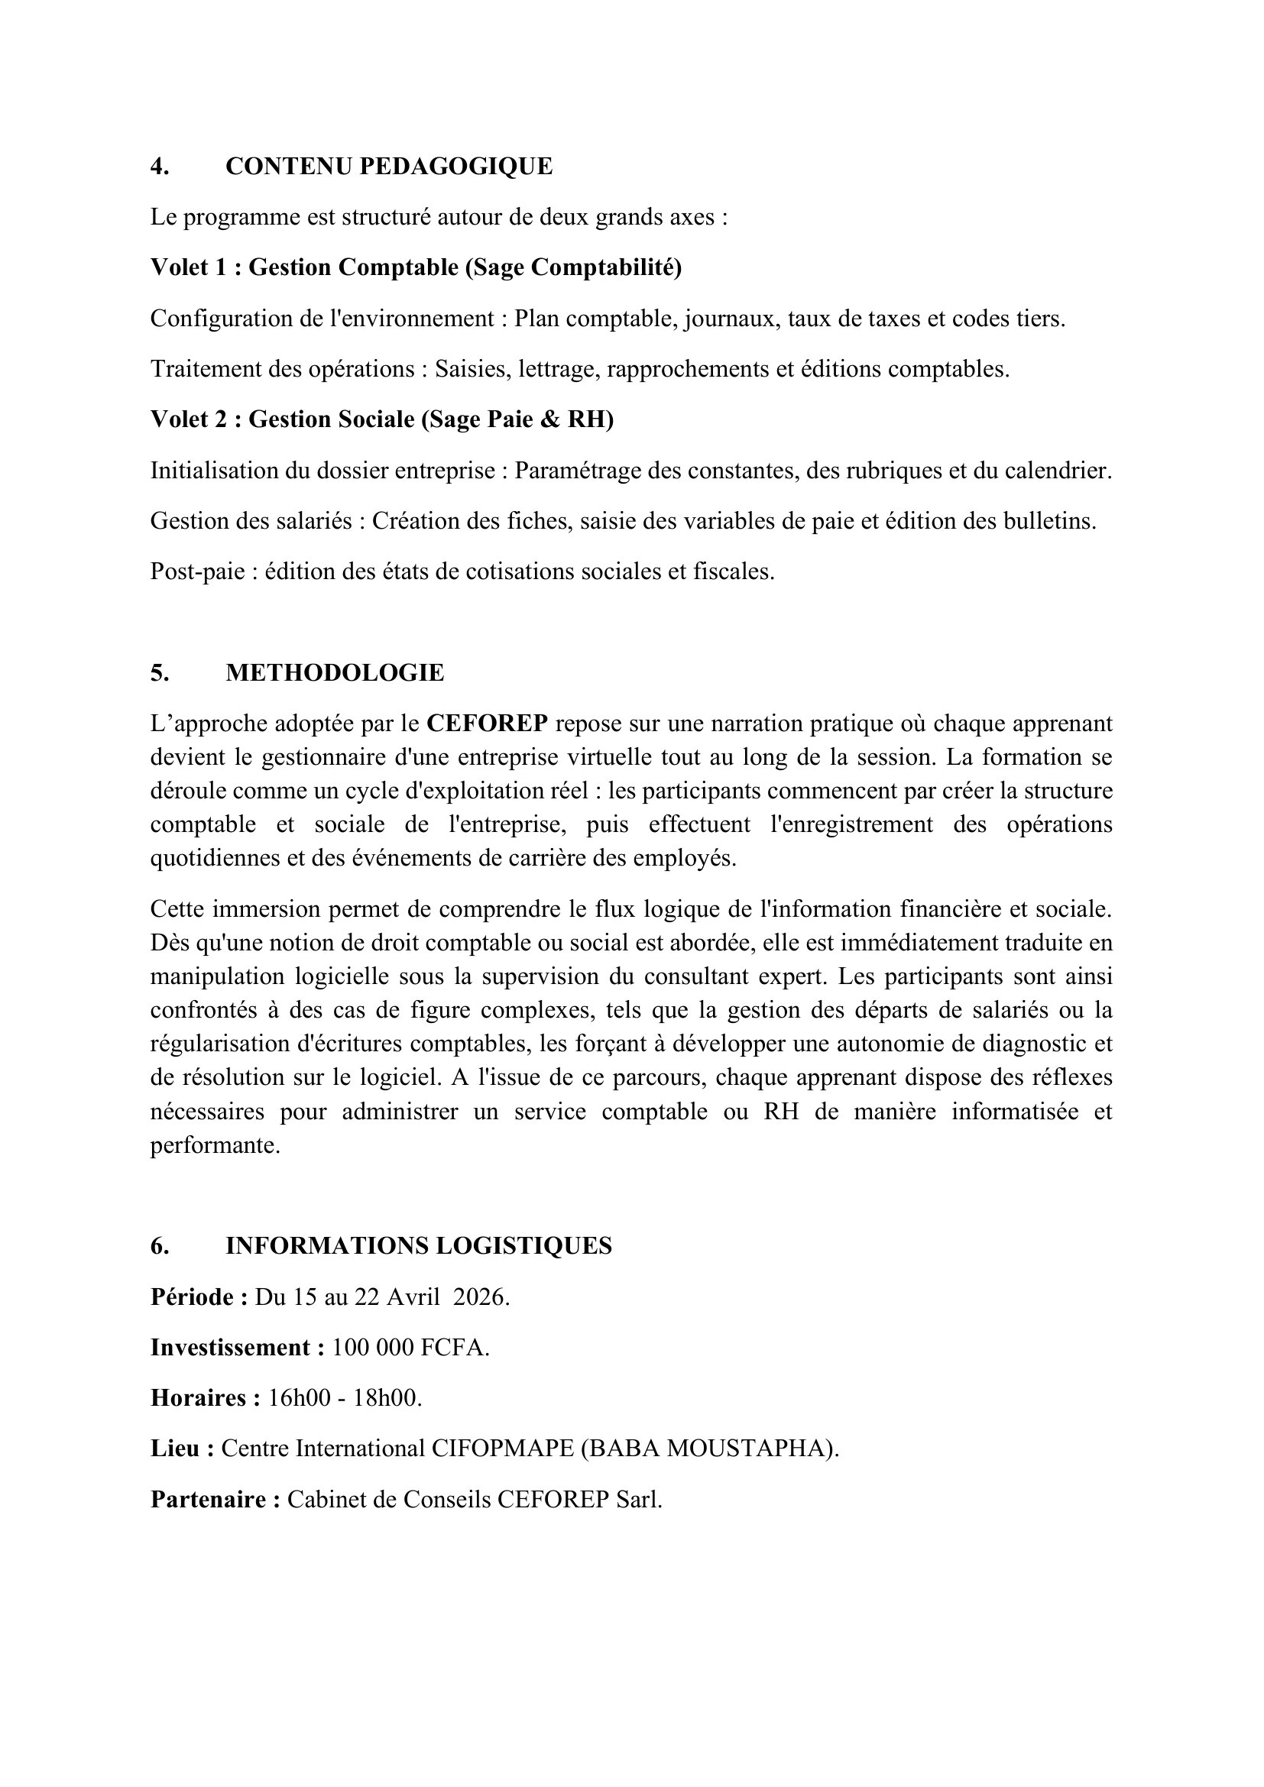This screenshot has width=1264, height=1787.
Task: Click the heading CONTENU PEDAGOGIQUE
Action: point(388,167)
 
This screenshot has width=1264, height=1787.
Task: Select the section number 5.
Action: point(160,673)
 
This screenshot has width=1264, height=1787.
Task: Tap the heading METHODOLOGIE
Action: point(335,673)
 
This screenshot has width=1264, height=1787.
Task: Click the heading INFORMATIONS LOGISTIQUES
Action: point(418,1246)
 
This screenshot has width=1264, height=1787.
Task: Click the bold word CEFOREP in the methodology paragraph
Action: point(488,724)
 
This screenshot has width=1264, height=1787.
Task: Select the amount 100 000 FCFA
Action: point(410,1348)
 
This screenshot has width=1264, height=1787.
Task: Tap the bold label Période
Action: point(196,1297)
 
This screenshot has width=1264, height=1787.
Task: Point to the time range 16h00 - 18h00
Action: point(344,1399)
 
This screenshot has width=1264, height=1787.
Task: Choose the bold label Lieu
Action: point(178,1449)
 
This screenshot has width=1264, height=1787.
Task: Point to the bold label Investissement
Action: point(233,1348)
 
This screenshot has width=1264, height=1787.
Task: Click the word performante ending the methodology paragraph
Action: point(214,1146)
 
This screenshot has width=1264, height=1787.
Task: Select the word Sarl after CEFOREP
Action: point(637,1500)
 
